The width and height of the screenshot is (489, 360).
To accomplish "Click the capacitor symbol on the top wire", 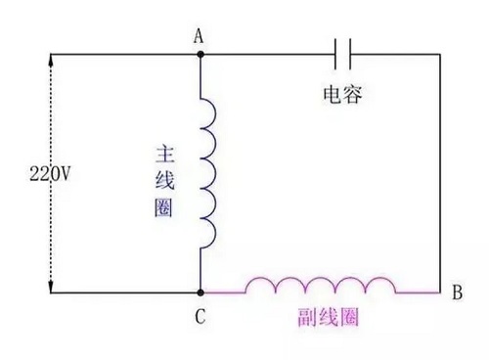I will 343,53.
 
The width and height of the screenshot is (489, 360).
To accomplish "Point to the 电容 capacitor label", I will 342,94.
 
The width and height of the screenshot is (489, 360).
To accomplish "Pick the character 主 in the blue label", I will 164,155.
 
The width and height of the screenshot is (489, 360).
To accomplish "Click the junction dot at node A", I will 200,54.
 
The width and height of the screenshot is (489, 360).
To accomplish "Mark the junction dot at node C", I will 200,292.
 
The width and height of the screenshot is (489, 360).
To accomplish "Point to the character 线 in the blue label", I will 164,181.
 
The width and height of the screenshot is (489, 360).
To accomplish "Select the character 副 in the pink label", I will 302,319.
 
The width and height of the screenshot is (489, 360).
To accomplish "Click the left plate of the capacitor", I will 337,53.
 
